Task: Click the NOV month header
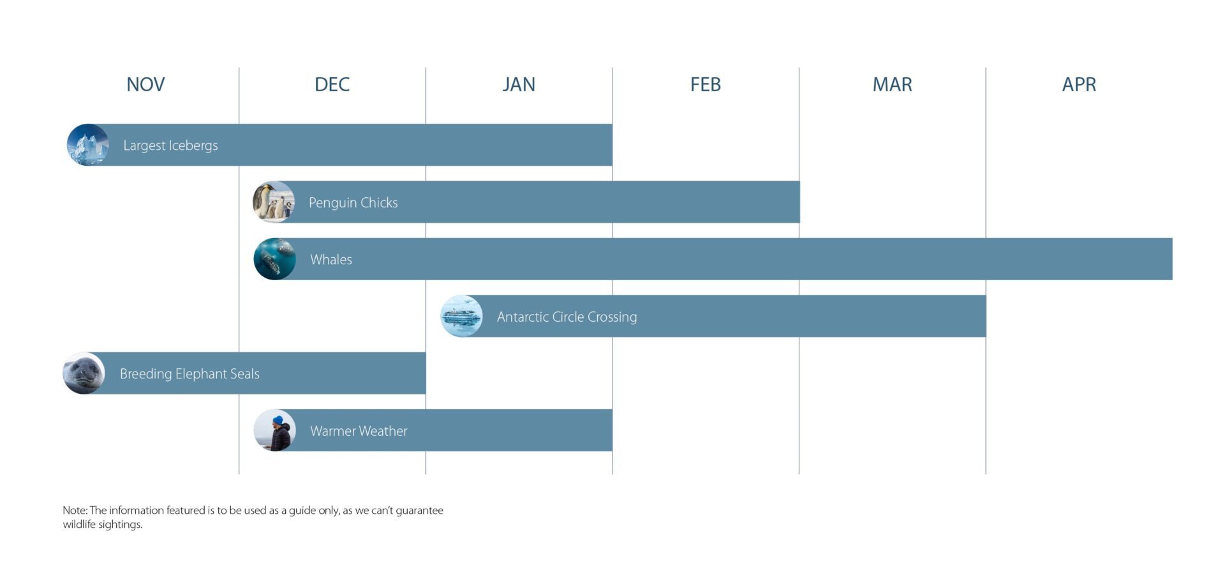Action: (145, 84)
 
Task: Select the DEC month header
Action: (332, 84)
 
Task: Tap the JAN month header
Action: (519, 84)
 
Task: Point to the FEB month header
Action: (706, 84)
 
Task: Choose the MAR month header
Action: (893, 84)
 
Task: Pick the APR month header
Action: (1079, 84)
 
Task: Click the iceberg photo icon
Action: (88, 145)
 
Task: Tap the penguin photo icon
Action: (274, 202)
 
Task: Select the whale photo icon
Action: (275, 259)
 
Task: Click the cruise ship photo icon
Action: (461, 316)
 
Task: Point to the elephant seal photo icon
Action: (84, 373)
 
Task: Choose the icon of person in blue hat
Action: (275, 430)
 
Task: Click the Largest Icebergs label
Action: (170, 146)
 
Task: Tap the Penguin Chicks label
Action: (353, 202)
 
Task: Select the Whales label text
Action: (331, 259)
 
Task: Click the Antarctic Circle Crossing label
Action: (567, 317)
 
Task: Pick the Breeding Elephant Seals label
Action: (189, 374)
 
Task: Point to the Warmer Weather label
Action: (359, 431)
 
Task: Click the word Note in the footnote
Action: (74, 510)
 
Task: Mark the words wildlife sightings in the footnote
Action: (103, 525)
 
